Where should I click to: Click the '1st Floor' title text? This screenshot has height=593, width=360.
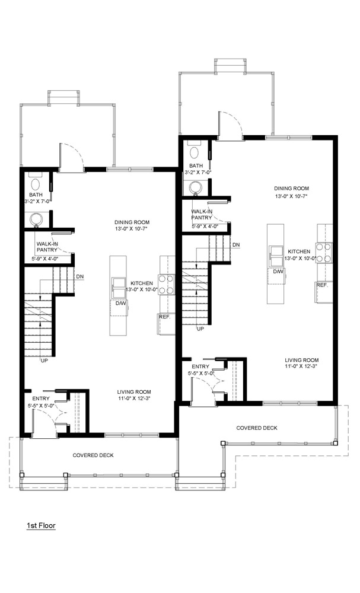pos(41,525)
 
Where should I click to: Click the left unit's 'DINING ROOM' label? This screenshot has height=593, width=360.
pos(132,222)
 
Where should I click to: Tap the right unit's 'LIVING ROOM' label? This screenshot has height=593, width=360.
pos(302,360)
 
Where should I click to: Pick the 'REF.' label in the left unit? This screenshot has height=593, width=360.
pos(165,317)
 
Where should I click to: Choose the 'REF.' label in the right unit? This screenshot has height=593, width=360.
pos(322,285)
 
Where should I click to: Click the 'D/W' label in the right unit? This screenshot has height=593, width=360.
pos(278,272)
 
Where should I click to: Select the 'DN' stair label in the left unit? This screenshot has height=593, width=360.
pos(80,276)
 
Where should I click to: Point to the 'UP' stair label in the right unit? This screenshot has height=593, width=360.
pos(200,329)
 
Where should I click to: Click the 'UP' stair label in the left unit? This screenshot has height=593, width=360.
pos(44,361)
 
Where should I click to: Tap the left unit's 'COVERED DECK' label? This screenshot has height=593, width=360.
pos(93,455)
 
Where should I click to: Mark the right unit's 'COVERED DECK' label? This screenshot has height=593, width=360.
pos(257,428)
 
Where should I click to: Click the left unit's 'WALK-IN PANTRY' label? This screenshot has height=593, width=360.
pos(47,247)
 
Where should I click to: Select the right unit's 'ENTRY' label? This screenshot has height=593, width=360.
pos(200,366)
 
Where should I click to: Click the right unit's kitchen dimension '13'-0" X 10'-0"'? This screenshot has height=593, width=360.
pos(302,259)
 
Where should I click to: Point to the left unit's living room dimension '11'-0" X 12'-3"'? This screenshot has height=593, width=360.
pos(134,398)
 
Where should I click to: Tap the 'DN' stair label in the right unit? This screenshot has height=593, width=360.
pos(236,245)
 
